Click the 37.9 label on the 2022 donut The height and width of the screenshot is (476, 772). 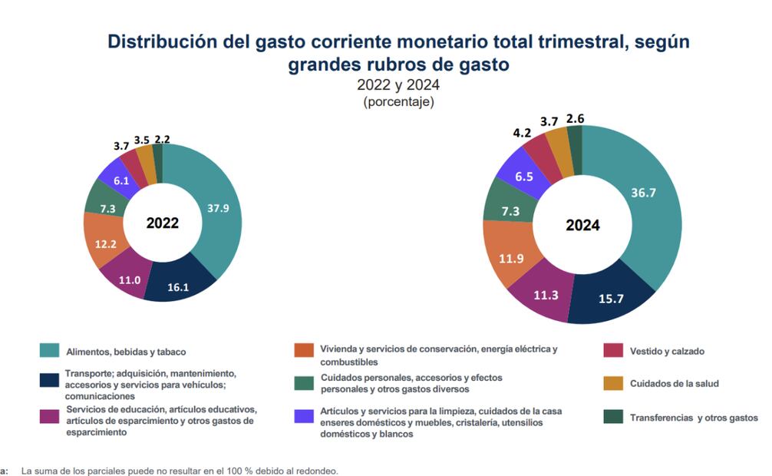219,207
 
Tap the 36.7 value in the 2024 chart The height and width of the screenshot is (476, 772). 643,192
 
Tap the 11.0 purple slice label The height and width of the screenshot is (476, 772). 129,280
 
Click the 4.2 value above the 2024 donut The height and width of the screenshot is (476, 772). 523,132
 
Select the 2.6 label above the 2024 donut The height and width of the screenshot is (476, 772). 575,118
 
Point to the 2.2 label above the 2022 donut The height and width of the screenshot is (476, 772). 162,139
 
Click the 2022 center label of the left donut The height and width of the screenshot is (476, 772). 162,223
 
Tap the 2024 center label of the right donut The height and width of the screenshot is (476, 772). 582,226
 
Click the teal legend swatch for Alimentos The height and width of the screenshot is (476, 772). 50,351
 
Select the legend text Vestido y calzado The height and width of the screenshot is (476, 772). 667,352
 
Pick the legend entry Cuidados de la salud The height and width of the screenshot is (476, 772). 674,384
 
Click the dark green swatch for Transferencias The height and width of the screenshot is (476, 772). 612,417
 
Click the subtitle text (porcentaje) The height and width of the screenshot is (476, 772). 398,101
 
